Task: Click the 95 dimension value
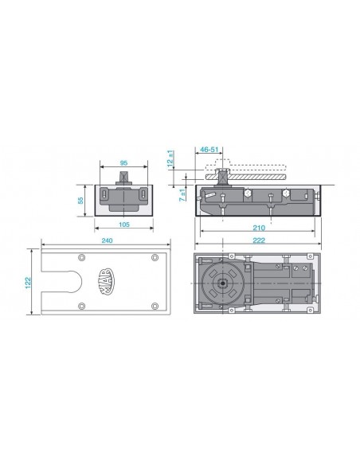pyautogui.click(x=123, y=162)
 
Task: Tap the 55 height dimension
pyautogui.click(x=80, y=201)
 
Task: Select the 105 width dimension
pyautogui.click(x=124, y=225)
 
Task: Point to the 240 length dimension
pyautogui.click(x=107, y=240)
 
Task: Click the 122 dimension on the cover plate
pyautogui.click(x=28, y=283)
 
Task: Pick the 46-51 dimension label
pyautogui.click(x=209, y=150)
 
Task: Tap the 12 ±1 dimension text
pyautogui.click(x=170, y=158)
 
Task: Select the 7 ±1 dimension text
pyautogui.click(x=182, y=195)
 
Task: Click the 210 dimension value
pyautogui.click(x=259, y=228)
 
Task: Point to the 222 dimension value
pyautogui.click(x=259, y=240)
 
